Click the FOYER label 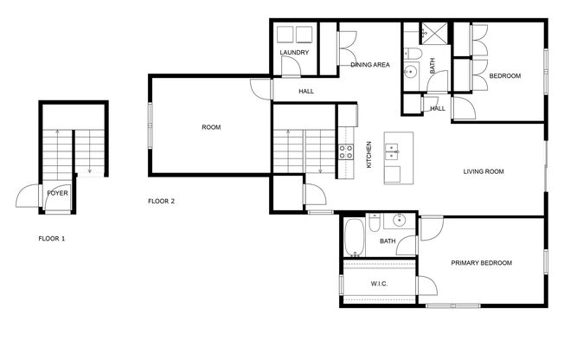pos(57,192)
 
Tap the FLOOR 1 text pos(52,237)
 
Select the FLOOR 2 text pos(161,201)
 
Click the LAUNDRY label pos(294,54)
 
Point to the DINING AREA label pos(369,65)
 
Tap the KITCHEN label pos(369,154)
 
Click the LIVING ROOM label pos(482,171)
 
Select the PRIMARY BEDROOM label pos(482,262)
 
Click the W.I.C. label pos(379,283)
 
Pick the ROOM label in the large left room pos(211,127)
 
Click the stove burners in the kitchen pos(347,152)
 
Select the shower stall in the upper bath pos(436,35)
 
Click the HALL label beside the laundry pos(306,90)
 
